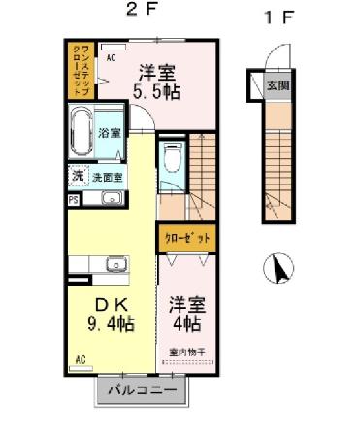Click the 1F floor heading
(x=278, y=18)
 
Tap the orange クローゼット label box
(x=184, y=237)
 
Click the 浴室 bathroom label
(x=109, y=133)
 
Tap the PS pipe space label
(x=73, y=201)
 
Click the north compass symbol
(x=278, y=267)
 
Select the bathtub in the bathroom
(x=82, y=134)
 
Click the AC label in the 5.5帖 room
(x=111, y=58)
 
